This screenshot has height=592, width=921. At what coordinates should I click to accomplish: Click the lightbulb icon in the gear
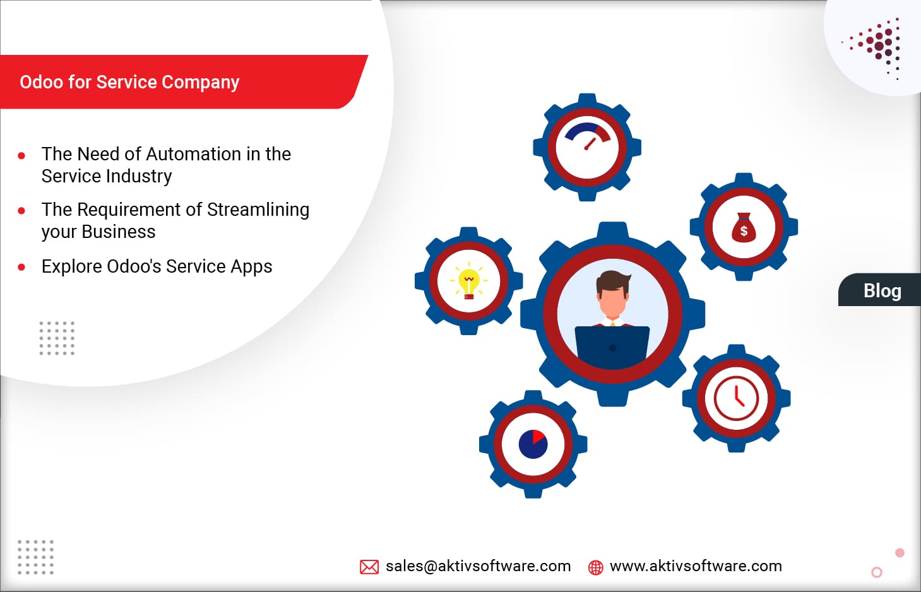tap(468, 282)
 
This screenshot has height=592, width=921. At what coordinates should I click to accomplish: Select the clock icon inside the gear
tap(736, 398)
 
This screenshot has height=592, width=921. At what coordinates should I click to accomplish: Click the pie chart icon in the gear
tap(533, 444)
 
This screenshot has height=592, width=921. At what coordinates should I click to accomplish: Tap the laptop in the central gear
tap(612, 346)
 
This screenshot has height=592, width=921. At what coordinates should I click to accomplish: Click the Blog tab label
tap(882, 291)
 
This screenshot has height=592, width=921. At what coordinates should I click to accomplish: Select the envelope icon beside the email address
tap(369, 567)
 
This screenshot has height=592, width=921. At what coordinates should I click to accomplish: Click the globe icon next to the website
tap(595, 567)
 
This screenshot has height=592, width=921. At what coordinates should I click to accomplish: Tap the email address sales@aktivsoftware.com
tap(478, 566)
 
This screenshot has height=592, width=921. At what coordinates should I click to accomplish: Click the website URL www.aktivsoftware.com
tap(696, 566)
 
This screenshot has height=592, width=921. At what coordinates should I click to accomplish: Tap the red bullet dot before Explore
tap(21, 267)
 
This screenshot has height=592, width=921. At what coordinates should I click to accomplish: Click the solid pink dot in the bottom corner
tap(900, 553)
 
